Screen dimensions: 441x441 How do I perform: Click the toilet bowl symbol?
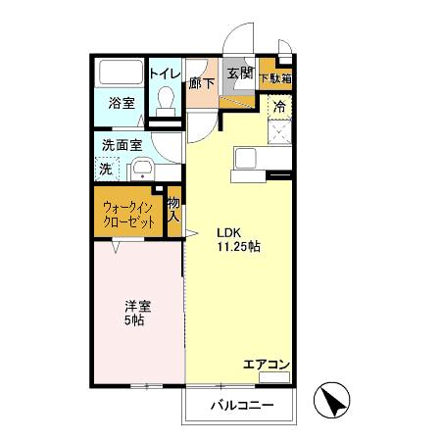(x=166, y=100)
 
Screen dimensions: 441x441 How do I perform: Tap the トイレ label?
(x=164, y=72)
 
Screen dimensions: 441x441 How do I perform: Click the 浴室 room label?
(x=121, y=103)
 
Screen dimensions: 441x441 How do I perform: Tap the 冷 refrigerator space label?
(x=279, y=106)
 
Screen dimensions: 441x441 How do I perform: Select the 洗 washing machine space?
(x=107, y=168)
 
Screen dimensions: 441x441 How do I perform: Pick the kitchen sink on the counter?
(x=244, y=157)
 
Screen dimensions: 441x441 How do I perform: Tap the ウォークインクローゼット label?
(x=128, y=215)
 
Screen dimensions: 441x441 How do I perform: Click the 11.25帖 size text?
(x=238, y=247)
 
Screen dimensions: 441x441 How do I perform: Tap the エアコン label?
(x=266, y=366)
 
